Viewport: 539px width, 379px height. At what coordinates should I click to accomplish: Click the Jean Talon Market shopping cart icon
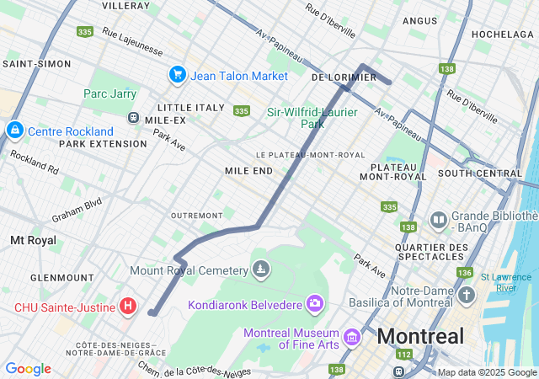177,75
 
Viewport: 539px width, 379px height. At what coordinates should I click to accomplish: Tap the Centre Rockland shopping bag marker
14,131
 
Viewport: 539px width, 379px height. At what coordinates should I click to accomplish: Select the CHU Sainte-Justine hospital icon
127,306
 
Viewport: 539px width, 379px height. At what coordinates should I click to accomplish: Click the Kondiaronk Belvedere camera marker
315,302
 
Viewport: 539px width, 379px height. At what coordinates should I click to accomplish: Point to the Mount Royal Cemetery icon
262,270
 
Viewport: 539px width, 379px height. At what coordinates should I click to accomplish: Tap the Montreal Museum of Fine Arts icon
352,338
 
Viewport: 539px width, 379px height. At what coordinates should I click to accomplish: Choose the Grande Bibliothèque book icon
438,221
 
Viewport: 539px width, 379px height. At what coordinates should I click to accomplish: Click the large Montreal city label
420,337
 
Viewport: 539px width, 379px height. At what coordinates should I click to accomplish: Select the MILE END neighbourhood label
248,170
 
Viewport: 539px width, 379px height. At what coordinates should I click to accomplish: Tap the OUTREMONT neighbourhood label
196,216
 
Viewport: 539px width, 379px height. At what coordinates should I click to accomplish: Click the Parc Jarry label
109,94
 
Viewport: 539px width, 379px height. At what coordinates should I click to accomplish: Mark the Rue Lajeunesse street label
132,41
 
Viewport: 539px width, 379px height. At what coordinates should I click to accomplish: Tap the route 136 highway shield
464,273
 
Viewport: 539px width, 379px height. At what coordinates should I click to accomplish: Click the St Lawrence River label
508,282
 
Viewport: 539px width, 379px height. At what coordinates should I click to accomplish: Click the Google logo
28,369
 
